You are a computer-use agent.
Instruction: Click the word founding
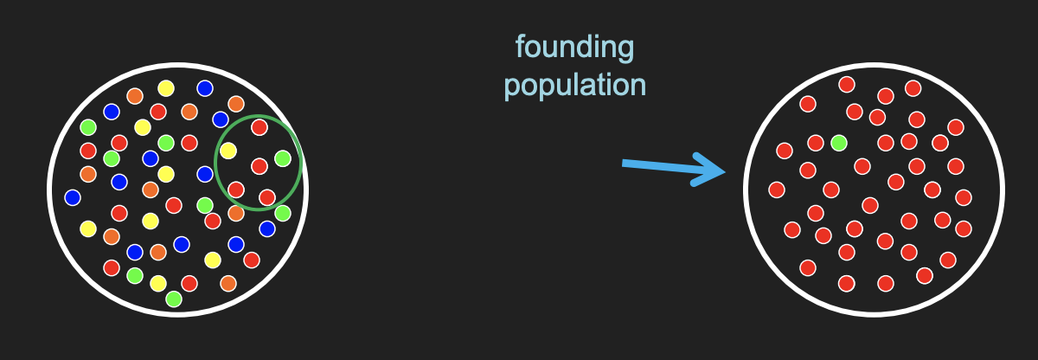[x=575, y=48]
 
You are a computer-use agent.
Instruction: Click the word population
[x=575, y=86]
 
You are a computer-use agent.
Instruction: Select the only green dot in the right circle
[x=838, y=142]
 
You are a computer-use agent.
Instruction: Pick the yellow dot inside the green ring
[x=228, y=151]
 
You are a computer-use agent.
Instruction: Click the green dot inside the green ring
[x=283, y=158]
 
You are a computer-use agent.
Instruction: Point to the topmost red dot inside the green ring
[x=259, y=127]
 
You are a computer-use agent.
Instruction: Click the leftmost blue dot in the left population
[x=73, y=197]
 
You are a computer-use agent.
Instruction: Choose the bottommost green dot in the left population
[x=174, y=299]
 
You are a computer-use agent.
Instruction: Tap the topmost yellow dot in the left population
[x=166, y=87]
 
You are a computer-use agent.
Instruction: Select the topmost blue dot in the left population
[x=205, y=87]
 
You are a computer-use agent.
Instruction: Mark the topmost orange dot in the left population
[x=135, y=95]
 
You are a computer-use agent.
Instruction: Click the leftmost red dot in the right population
[x=777, y=190]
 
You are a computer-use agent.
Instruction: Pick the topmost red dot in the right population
[x=847, y=84]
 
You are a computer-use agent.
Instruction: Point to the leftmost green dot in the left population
[x=87, y=127]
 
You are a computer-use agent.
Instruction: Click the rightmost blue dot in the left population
[x=267, y=228]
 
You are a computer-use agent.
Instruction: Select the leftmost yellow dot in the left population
[x=87, y=228]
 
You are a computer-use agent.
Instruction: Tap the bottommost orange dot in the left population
[x=228, y=283]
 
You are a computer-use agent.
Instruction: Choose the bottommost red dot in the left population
[x=189, y=283]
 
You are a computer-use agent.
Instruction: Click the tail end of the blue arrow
[x=625, y=163]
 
